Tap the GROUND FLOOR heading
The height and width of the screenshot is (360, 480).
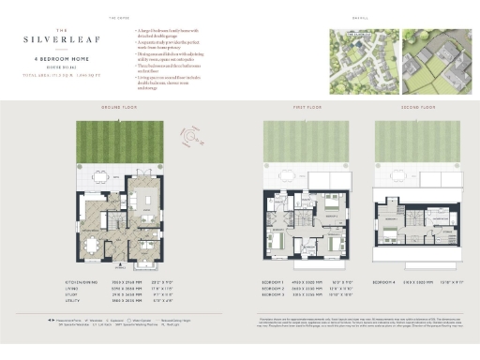tap(119, 108)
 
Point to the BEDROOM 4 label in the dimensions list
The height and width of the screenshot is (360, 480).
tap(387, 281)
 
